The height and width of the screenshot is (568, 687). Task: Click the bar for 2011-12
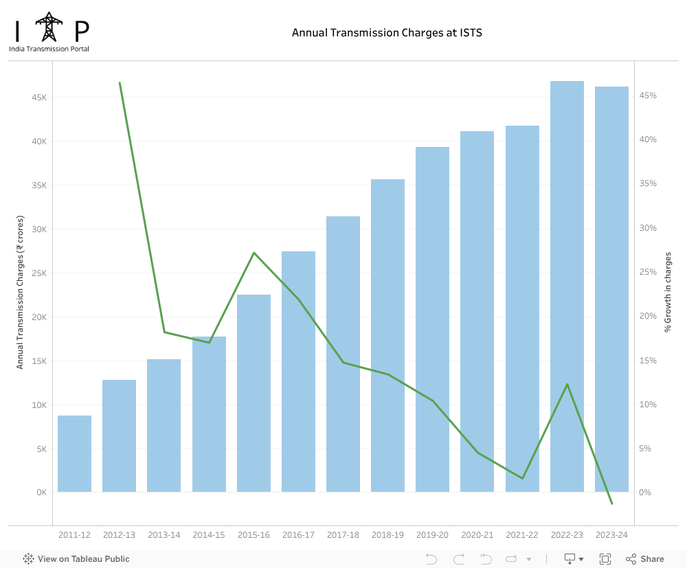(74, 453)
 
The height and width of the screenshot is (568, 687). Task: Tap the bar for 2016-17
(298, 372)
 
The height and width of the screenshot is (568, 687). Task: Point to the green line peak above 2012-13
(120, 83)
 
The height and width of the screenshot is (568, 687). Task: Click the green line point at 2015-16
(254, 253)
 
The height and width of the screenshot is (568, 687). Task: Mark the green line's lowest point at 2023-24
(611, 503)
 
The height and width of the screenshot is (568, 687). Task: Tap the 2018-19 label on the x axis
(387, 535)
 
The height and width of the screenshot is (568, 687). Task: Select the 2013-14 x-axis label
(164, 535)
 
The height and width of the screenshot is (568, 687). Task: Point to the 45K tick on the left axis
(38, 98)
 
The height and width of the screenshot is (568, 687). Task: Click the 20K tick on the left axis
(38, 317)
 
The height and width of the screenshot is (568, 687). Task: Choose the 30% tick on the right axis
(649, 228)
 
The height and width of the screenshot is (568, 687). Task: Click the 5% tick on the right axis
(646, 448)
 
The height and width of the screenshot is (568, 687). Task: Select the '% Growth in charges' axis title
(668, 292)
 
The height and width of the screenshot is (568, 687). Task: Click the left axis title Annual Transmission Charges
(20, 292)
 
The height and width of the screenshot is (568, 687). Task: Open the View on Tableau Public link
(76, 559)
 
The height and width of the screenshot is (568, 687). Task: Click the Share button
(645, 559)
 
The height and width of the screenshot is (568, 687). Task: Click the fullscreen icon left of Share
(605, 559)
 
